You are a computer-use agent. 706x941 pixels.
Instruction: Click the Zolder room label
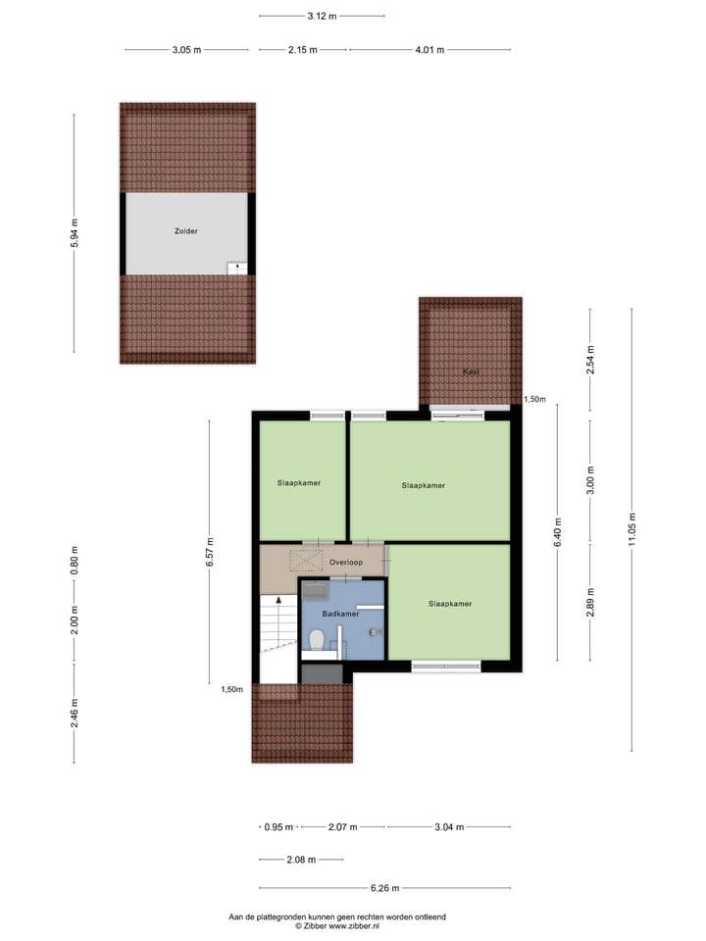point(186,231)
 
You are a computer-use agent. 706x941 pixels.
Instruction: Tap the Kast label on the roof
point(471,371)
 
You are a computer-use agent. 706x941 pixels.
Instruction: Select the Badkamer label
point(340,613)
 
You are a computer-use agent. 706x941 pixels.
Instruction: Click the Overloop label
point(346,563)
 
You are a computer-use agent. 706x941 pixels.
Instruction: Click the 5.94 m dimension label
point(75,233)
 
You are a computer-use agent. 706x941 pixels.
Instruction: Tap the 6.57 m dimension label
point(208,552)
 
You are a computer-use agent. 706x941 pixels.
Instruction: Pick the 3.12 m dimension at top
point(322,16)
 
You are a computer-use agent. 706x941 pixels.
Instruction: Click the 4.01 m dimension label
point(429,49)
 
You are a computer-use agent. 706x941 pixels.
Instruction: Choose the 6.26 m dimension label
point(386,888)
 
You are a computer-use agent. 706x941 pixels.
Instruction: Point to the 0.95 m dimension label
point(278,826)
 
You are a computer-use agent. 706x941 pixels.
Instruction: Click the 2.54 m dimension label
point(589,359)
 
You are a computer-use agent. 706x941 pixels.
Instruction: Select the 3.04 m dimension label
point(448,826)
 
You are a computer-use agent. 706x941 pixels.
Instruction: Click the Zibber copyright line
point(336,925)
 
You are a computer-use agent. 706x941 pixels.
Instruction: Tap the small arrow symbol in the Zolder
point(236,267)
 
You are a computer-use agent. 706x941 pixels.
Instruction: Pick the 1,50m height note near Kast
point(534,399)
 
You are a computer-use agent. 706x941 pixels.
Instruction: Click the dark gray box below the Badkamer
point(322,674)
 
